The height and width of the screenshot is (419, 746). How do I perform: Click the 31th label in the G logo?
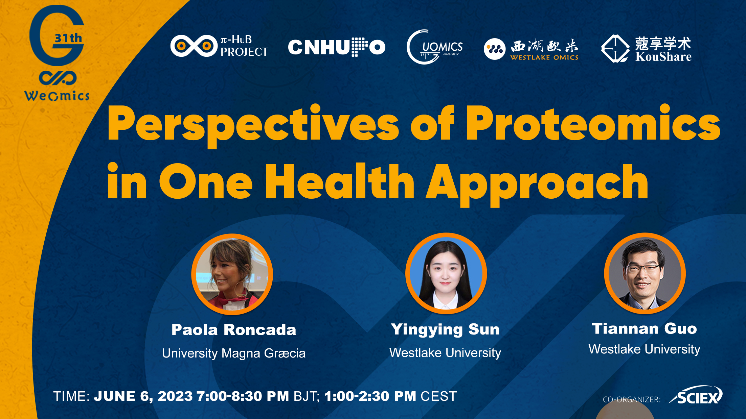(68, 38)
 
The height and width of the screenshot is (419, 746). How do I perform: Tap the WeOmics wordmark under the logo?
(57, 96)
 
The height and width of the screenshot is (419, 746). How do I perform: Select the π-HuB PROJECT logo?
(219, 46)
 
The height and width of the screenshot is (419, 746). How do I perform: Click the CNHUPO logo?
(337, 47)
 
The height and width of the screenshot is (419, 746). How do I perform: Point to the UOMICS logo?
(435, 47)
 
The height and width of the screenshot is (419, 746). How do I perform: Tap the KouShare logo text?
(663, 49)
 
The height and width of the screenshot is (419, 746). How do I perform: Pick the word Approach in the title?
(537, 184)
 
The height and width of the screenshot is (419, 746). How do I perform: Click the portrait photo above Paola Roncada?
(232, 274)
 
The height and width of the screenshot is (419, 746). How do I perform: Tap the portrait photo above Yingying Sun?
(446, 273)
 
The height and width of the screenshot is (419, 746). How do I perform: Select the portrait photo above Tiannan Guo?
(645, 273)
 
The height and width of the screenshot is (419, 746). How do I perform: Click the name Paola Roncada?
(234, 330)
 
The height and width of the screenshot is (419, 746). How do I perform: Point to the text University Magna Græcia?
(234, 353)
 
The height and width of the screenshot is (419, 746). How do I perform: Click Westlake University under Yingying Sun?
(445, 353)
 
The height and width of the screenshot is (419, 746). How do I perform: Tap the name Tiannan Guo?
(645, 328)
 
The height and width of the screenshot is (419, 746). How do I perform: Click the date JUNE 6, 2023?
(143, 396)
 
